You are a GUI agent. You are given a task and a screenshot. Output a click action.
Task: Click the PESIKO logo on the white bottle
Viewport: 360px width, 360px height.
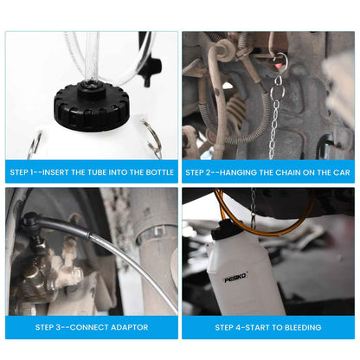tap(235, 279)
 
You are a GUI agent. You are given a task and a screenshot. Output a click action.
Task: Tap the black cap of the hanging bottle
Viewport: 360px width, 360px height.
tap(222, 230)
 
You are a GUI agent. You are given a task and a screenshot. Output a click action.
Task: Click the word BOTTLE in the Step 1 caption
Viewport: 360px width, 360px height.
tap(159, 172)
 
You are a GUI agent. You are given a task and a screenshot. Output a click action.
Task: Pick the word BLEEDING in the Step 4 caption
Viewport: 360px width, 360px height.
tap(303, 327)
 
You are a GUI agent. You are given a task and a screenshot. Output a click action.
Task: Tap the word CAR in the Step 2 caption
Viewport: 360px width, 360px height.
tap(342, 172)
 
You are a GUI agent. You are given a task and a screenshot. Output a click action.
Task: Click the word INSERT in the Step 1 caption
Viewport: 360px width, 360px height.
tap(55, 172)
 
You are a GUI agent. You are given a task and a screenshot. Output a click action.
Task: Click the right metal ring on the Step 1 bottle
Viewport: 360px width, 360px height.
tap(152, 138)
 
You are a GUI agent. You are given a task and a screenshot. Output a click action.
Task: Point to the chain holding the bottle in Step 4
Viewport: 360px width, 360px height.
tap(254, 206)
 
